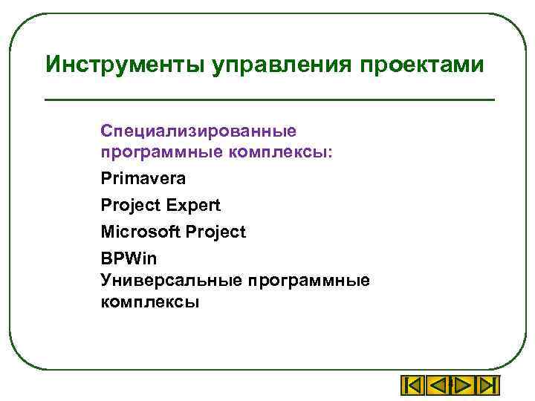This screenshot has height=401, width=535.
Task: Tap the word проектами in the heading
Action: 424,65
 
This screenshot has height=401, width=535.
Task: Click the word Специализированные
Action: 198,131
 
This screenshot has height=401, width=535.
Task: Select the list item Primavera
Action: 143,179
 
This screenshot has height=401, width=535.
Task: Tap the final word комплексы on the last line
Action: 150,302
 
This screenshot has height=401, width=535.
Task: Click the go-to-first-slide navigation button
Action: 413,386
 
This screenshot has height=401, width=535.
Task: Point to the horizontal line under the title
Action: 269,100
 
